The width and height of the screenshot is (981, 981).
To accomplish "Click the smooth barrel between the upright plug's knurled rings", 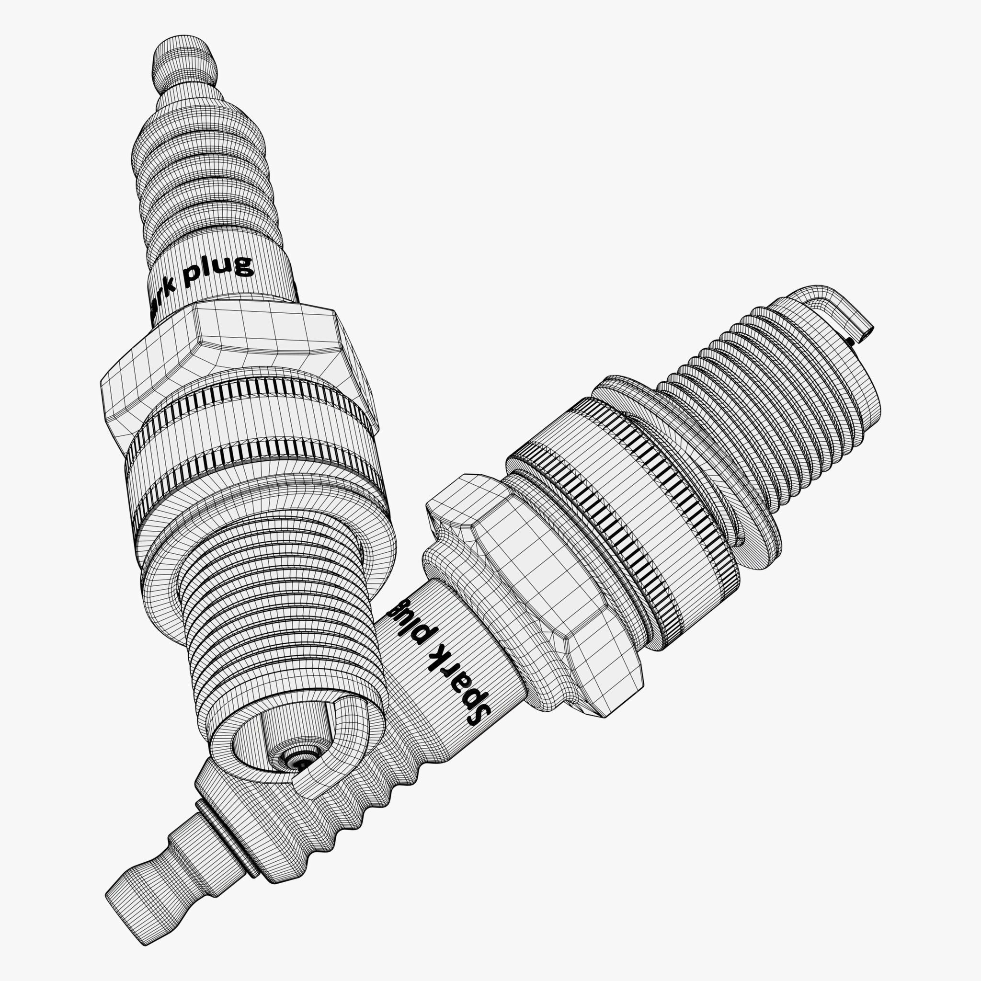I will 254,426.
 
